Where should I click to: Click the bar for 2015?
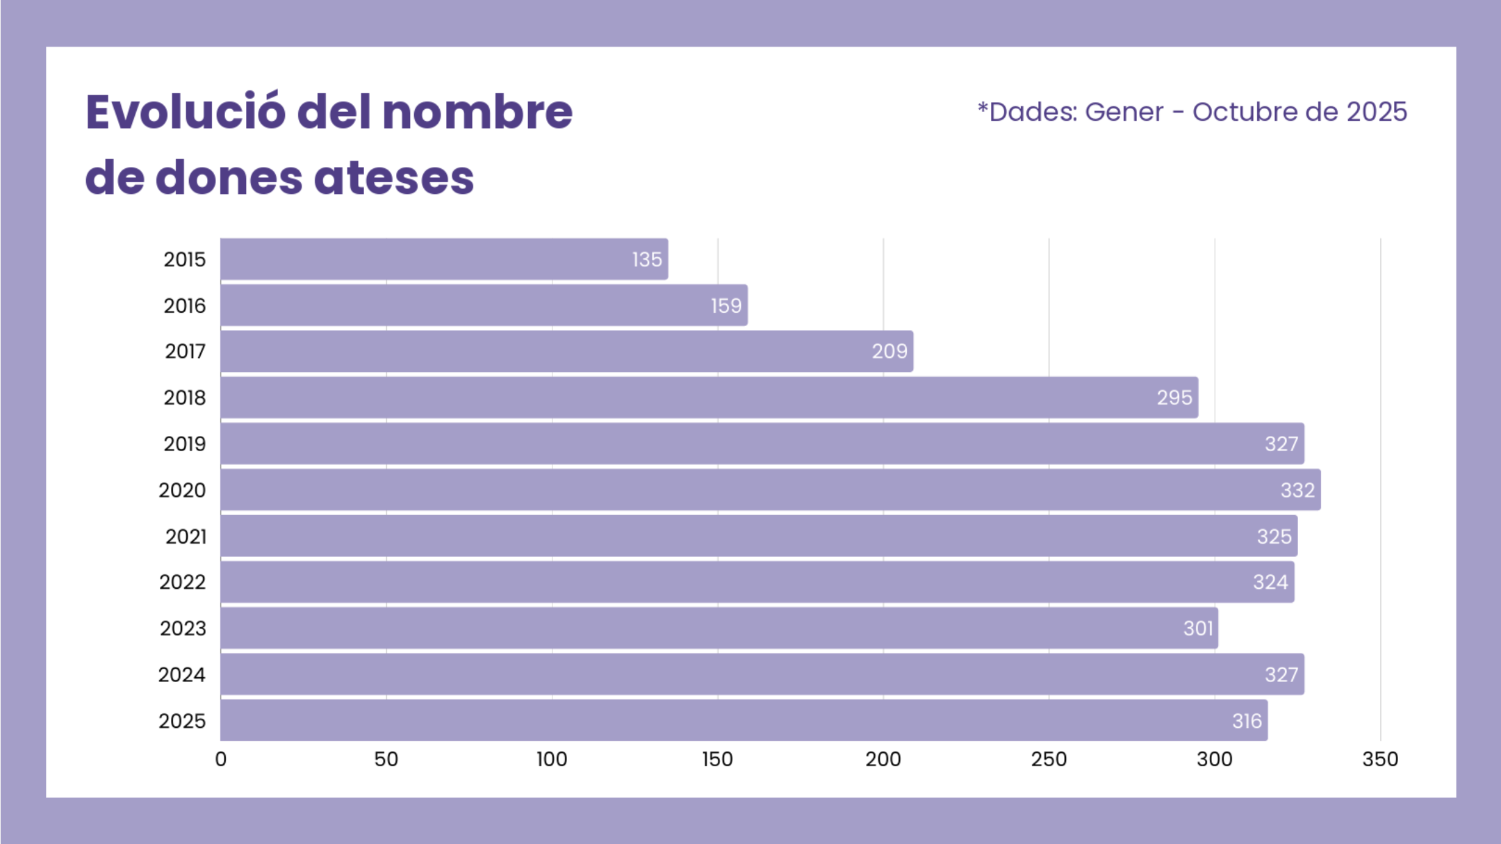click(x=444, y=259)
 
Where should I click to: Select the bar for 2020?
click(x=770, y=490)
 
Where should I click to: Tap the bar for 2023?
click(x=719, y=628)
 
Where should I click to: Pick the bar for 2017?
click(x=566, y=352)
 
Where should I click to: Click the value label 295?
click(x=1174, y=398)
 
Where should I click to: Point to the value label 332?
click(x=1297, y=490)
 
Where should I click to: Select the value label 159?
click(x=726, y=306)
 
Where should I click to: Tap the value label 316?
click(x=1247, y=721)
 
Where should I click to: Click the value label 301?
click(x=1198, y=628)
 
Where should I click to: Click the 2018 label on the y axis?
click(x=185, y=398)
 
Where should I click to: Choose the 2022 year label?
click(x=183, y=582)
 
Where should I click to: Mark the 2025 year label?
click(x=182, y=721)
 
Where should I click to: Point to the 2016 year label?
click(x=185, y=306)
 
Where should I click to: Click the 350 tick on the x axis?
click(x=1380, y=759)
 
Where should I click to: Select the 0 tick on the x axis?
click(x=221, y=759)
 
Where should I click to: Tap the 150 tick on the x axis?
click(x=717, y=759)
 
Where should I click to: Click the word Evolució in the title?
click(x=185, y=113)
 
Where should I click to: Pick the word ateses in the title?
click(x=393, y=178)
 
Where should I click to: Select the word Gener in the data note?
click(x=1124, y=112)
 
